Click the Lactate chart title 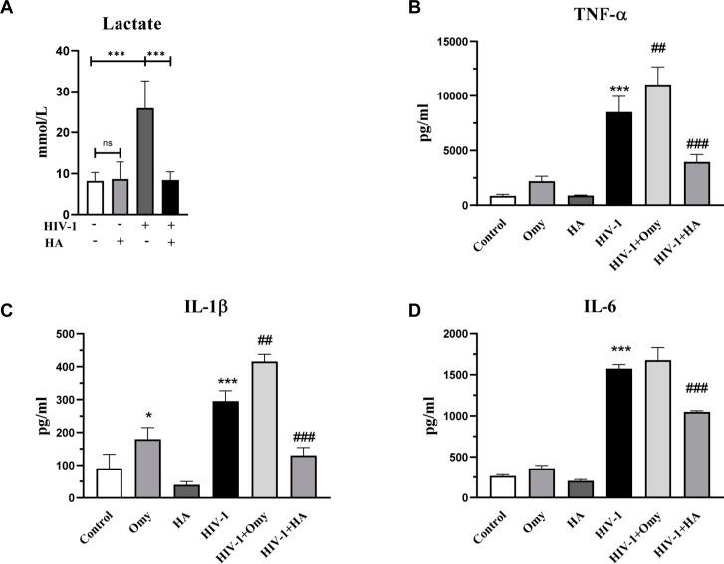[x=131, y=22]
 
